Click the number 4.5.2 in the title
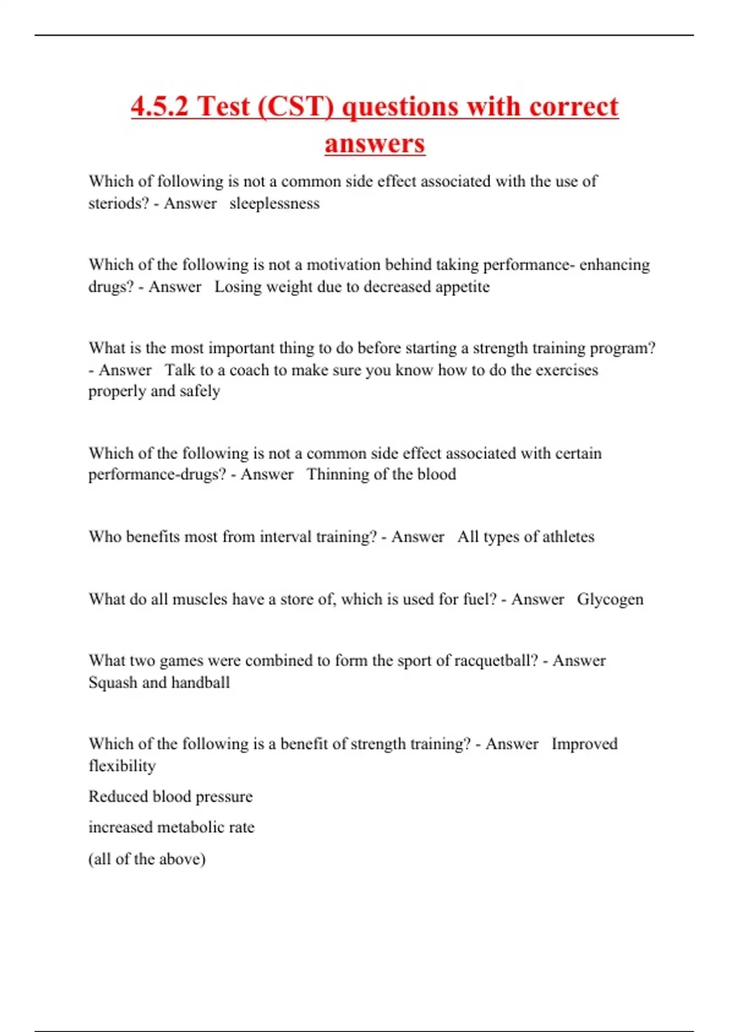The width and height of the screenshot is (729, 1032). [x=160, y=107]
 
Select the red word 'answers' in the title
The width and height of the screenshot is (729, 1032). [x=374, y=144]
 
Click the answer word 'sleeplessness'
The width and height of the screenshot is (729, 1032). [x=274, y=203]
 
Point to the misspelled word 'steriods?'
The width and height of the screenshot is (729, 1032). [x=118, y=203]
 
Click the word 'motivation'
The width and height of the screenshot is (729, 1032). [x=343, y=265]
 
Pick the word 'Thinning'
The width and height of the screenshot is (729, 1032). [x=337, y=474]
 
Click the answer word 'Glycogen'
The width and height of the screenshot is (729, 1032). [x=610, y=599]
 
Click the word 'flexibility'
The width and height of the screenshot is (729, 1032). [x=122, y=766]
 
